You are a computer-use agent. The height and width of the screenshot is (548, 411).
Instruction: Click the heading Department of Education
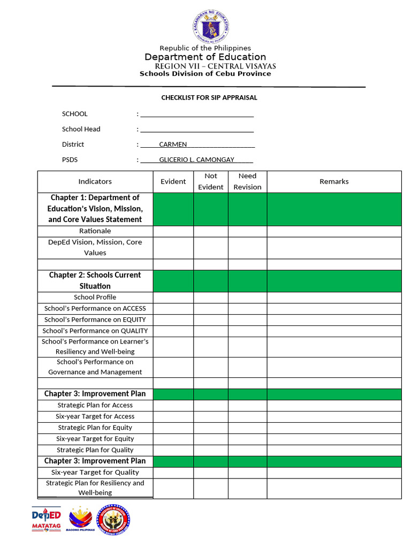coord(205,57)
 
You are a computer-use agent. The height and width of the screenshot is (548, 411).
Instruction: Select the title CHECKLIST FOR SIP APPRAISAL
coord(209,98)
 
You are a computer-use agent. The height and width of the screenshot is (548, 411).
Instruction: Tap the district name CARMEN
coord(173,144)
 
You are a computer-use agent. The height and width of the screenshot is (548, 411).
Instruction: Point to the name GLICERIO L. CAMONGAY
coord(196,160)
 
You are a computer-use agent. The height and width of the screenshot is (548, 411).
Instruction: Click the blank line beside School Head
coord(196,130)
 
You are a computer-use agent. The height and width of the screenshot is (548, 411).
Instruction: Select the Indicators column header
coord(95,182)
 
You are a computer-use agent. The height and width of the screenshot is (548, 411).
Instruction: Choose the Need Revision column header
coord(247,182)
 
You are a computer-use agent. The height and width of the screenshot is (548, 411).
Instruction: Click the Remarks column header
coord(334,182)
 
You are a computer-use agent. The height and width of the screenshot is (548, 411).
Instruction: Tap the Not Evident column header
coord(211,182)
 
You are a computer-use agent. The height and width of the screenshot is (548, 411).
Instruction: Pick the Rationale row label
coord(95,231)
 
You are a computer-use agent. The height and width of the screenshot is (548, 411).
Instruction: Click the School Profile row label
coord(95,298)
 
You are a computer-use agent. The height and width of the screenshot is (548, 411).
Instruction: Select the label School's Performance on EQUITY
coord(95,320)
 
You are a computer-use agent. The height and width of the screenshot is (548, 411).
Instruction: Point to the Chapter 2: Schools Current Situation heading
coord(95,280)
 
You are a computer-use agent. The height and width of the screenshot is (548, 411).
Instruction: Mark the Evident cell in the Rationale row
coord(173,231)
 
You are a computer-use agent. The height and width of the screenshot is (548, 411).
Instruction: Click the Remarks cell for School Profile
coord(334,298)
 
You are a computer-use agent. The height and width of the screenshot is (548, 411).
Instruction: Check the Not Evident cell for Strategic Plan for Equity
coord(211,428)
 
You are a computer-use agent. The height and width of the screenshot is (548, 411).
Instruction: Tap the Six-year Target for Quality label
coord(95,473)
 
